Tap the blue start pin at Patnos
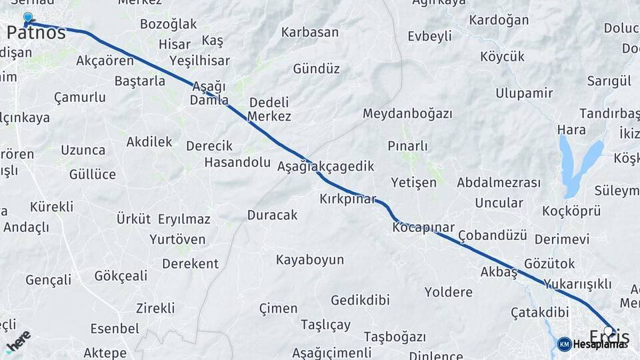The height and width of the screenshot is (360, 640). [27, 18]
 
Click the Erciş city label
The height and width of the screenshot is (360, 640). [609, 337]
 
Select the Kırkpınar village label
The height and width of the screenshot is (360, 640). [347, 199]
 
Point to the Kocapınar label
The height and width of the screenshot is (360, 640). [423, 227]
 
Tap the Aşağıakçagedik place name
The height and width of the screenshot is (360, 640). [325, 166]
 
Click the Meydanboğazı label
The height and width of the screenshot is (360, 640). [407, 113]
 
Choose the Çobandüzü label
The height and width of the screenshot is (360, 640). [493, 235]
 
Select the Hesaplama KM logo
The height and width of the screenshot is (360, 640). [593, 344]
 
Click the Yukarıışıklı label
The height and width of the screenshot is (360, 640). [577, 284]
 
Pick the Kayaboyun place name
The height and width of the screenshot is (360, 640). [310, 259]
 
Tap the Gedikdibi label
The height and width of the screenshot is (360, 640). [359, 300]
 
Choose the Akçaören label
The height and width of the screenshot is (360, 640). [105, 61]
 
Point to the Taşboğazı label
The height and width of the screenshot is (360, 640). [395, 337]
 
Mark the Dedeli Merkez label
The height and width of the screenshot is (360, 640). [269, 109]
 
